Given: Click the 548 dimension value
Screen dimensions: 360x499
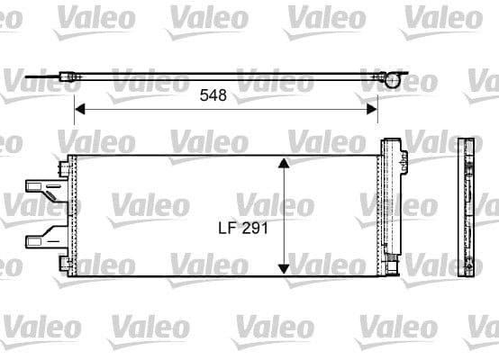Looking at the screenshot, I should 212,94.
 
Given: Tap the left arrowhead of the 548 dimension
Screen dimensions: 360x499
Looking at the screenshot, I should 77,109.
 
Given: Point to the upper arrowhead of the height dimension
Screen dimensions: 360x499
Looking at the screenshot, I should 285,163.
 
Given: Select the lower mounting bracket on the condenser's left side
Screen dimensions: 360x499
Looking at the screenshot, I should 43,239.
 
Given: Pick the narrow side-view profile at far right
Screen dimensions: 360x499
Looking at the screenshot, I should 466,209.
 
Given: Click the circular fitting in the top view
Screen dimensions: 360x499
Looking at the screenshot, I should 394,79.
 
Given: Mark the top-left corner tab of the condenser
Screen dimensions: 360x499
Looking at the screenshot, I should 66,166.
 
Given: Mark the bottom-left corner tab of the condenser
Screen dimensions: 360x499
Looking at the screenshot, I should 66,262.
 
